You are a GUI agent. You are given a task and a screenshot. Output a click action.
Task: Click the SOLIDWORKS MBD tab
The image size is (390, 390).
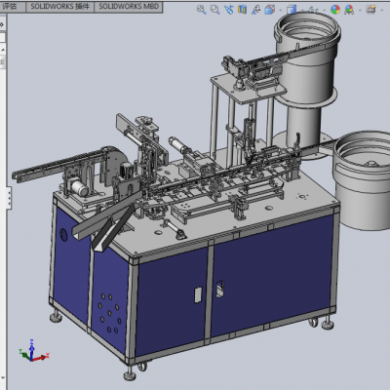tap(129, 7)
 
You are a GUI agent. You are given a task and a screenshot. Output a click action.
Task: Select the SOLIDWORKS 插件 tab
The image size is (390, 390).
tap(59, 7)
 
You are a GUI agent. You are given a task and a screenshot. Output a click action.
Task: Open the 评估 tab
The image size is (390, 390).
tap(10, 7)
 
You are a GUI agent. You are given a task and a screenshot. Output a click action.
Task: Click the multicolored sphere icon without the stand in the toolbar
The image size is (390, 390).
tap(335, 10)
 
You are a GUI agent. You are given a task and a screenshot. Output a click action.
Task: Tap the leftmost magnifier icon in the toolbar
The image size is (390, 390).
tap(202, 10)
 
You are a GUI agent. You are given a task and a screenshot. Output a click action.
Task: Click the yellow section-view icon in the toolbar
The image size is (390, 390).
tap(242, 10)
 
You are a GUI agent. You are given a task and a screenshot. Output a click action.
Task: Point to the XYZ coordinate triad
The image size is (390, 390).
tap(33, 351)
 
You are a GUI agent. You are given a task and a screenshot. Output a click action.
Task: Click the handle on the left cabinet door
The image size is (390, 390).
tap(198, 294)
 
